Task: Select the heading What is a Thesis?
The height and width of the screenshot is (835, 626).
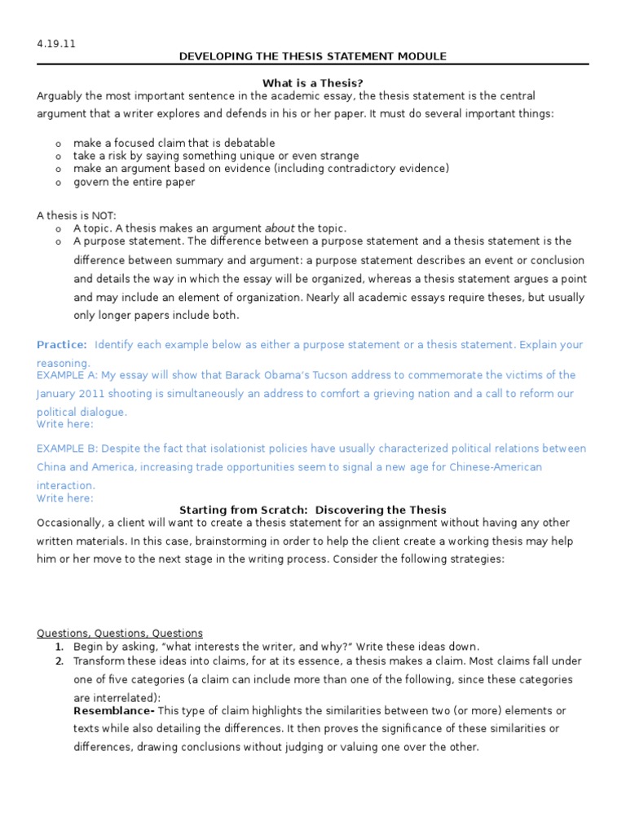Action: tap(312, 82)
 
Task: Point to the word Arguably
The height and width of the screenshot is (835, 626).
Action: tap(60, 95)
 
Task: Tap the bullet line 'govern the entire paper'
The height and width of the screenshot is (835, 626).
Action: tap(134, 182)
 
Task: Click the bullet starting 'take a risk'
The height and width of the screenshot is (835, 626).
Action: tap(215, 156)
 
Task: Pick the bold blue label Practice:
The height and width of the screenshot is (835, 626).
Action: tap(61, 345)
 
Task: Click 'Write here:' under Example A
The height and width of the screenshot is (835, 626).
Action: tap(64, 424)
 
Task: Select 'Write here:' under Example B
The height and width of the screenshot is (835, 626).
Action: tap(64, 497)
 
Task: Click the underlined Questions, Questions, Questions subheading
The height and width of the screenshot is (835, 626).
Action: tap(120, 633)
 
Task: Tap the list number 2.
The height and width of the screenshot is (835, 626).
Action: tap(60, 660)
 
